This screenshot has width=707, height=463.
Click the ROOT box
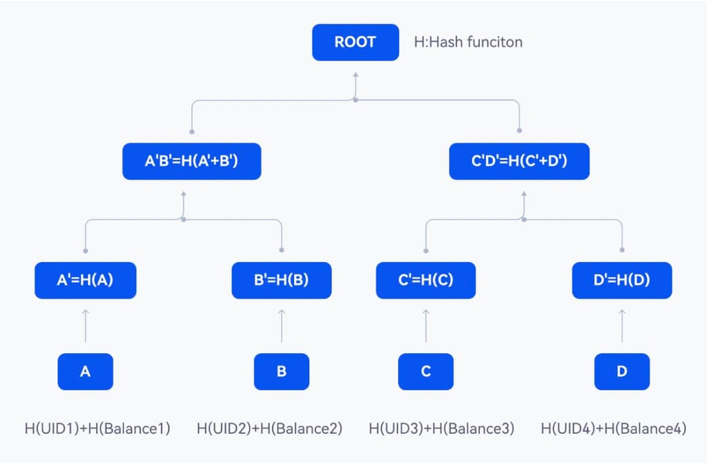coord(356,42)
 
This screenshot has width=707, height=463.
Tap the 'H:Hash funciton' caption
coord(468,42)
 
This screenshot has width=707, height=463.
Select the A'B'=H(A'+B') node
coord(192,161)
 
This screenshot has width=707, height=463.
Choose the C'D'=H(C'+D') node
coord(519,161)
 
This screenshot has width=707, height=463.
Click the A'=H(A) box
coord(85,281)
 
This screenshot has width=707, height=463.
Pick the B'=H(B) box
coord(282,281)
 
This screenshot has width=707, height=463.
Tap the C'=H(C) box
coord(425,281)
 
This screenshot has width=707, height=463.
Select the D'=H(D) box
coord(622,281)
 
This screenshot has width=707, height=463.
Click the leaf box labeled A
coord(85,371)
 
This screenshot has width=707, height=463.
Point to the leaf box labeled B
coord(282,371)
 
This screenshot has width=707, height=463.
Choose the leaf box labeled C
coord(425,371)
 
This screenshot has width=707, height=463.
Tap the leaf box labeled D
coord(622,371)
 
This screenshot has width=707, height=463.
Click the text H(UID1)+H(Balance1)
coord(97,428)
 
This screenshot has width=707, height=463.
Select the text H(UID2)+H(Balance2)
coord(270,428)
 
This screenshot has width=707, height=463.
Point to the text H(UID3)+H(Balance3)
coord(441,428)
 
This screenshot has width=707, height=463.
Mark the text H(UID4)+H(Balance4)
coord(614,428)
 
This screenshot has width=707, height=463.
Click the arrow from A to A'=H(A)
coord(85,325)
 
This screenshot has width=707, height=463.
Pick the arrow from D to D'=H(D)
coord(622,325)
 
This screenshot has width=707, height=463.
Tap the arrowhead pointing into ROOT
coord(356,75)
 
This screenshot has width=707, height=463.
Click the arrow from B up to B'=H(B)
coord(282,325)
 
